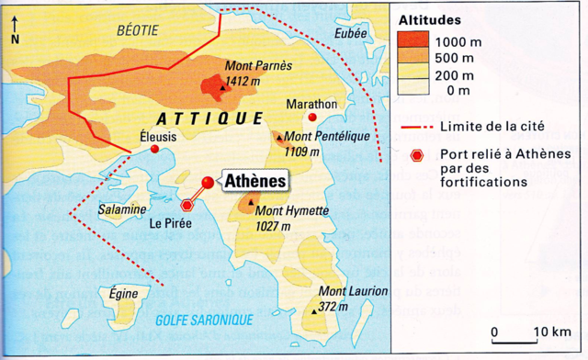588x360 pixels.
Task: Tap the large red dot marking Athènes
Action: pos(208,183)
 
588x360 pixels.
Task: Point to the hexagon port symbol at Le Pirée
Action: pos(189,205)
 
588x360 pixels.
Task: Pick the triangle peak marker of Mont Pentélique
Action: pos(279,140)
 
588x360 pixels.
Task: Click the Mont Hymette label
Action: pos(291,210)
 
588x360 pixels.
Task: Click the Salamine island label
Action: pos(122,209)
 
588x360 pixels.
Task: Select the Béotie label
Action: pos(137,29)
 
